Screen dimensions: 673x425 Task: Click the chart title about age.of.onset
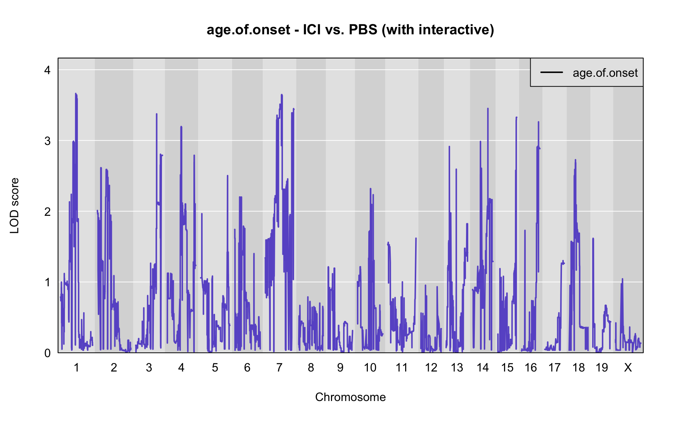point(350,30)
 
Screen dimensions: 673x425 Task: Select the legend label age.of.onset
point(605,73)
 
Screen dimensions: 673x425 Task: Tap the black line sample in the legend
point(552,72)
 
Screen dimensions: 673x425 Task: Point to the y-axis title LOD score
point(15,205)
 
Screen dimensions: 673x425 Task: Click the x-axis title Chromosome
point(350,397)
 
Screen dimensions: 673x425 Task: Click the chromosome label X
point(628,367)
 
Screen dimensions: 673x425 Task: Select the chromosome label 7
point(279,367)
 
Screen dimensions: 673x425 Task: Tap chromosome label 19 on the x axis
point(601,367)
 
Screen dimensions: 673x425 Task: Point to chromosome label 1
point(76,367)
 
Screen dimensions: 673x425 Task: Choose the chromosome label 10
point(370,367)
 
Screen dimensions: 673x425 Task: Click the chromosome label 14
point(483,367)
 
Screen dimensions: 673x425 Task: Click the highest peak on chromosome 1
point(76,94)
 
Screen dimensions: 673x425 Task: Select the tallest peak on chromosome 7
point(282,95)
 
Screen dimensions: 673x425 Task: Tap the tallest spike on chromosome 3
point(156,114)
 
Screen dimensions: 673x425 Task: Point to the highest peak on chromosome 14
point(488,108)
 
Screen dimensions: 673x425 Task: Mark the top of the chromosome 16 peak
point(538,122)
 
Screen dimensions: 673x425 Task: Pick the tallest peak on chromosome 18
point(575,160)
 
